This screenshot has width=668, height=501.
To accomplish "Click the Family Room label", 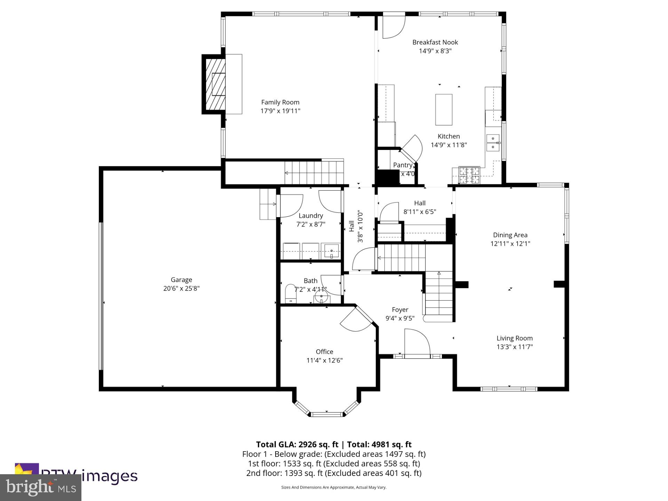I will (280, 102).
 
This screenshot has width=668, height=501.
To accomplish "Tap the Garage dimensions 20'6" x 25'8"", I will (181, 288).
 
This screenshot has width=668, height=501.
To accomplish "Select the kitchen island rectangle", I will (444, 110).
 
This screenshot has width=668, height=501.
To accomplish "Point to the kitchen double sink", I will (493, 143).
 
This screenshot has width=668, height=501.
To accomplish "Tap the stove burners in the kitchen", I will (469, 175).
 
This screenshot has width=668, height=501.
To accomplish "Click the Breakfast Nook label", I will (435, 42).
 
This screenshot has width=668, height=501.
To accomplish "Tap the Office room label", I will (324, 352).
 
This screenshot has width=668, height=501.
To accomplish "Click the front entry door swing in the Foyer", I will (416, 343).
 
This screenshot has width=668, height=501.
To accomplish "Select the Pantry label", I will (403, 165).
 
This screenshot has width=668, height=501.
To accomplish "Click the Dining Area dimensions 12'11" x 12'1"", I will (510, 244).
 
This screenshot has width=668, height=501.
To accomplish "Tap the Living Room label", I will (514, 338).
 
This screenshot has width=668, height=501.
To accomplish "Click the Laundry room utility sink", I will (331, 251).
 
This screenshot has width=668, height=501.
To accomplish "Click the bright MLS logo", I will (41, 487).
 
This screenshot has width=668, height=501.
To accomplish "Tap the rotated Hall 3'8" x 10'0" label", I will (356, 226).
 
